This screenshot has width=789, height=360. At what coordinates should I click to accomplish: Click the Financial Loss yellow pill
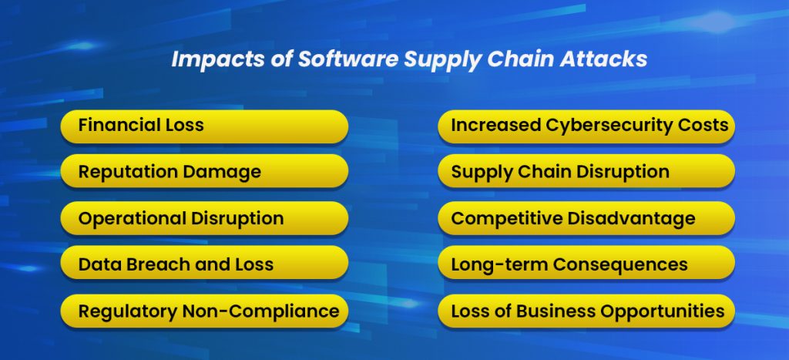click(204, 126)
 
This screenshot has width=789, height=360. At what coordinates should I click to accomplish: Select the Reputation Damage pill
click(204, 171)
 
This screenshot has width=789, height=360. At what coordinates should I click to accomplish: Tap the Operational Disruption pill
click(204, 218)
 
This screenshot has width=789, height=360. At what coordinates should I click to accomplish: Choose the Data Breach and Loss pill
click(204, 264)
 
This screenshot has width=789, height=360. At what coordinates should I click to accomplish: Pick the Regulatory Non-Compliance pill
click(204, 311)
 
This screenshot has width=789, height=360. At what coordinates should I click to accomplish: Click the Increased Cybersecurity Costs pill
click(586, 126)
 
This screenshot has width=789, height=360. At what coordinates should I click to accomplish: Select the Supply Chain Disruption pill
click(586, 171)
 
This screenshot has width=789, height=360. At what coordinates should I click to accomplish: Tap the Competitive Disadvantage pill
click(586, 218)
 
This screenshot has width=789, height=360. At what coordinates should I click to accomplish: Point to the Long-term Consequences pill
click(586, 264)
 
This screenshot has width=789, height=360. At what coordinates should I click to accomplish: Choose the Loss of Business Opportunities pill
click(586, 311)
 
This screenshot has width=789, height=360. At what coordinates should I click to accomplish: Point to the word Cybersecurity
click(608, 125)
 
